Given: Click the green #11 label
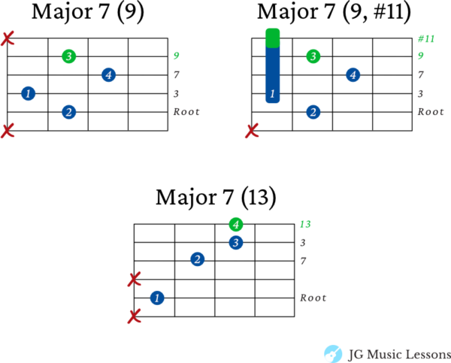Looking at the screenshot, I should pos(426,38).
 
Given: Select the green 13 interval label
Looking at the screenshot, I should pos(305,224).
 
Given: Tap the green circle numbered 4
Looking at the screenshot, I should pos(236,224).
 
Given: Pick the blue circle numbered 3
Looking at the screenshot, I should pos(236,243).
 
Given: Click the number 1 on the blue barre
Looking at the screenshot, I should pos(272,94).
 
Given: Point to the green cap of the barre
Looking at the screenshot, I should pos(273,38).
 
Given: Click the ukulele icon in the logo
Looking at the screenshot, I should pos(332,353).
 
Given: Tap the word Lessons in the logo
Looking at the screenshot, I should pos(428,354).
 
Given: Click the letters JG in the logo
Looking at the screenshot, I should pos(356,354).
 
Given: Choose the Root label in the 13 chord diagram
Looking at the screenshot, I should pos(313,298).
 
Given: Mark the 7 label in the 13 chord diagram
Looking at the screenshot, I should pos(303,261).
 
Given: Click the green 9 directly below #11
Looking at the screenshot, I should pos(421,56).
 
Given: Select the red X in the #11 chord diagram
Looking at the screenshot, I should pos(252,131).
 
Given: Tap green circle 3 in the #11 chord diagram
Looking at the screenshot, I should pos(313,56).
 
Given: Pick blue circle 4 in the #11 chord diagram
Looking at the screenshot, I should pos(353,74).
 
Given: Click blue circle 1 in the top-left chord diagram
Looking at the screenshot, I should pos(29,94).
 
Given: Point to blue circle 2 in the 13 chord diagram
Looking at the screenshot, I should pos(197,259).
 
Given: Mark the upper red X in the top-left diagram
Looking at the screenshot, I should pos(8,38).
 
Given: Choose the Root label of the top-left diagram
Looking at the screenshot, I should pos(186,112).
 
